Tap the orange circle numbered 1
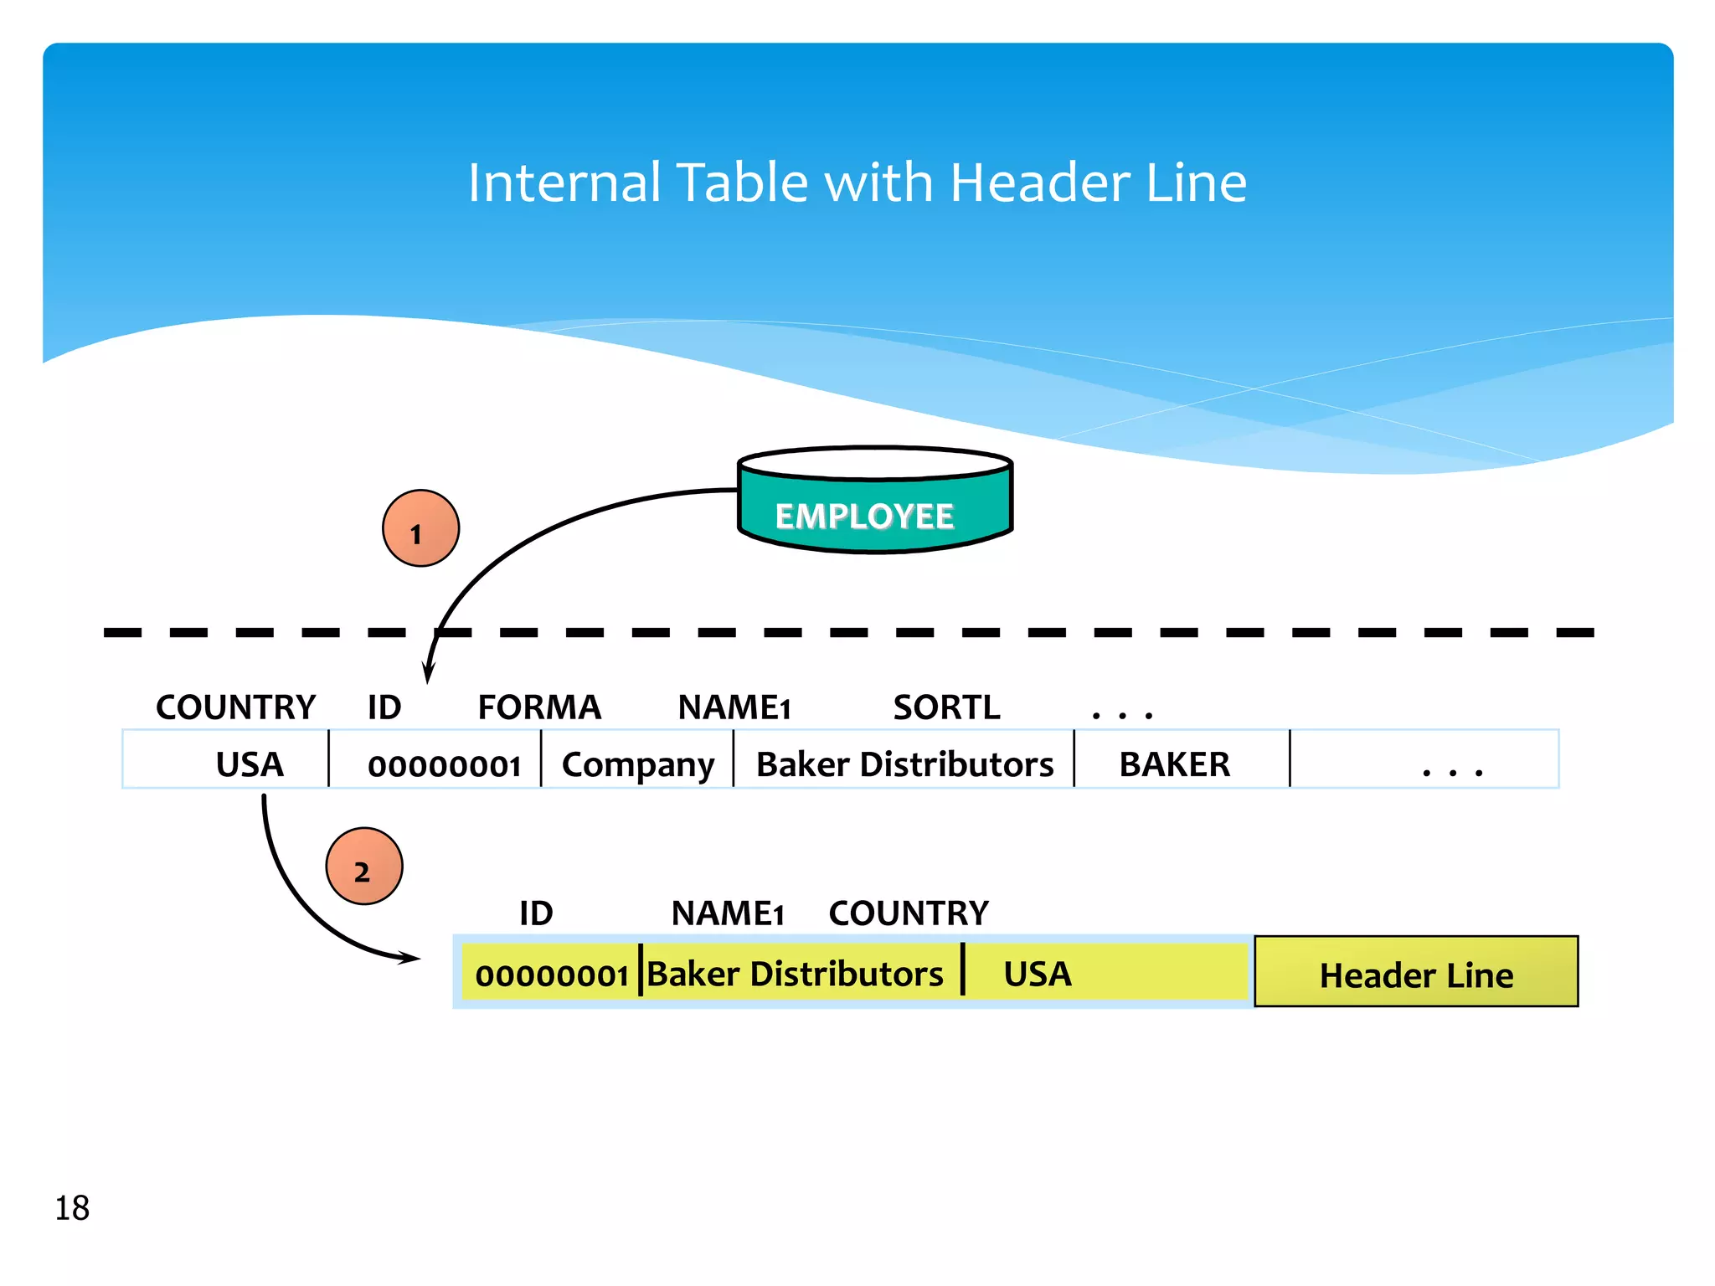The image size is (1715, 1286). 420,528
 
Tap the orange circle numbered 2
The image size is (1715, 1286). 364,867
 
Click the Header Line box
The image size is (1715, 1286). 1416,972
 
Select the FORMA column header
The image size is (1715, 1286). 539,707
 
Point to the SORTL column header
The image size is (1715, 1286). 946,707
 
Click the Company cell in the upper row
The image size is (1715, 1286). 638,764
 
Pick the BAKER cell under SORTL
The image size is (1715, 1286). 1174,764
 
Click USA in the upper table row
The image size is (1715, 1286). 250,764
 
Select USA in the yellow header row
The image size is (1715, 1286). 1037,974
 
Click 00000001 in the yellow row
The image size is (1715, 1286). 551,975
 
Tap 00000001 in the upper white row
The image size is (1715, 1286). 444,764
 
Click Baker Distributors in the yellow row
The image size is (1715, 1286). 795,974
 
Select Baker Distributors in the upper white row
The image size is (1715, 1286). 904,764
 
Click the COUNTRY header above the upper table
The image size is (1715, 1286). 235,707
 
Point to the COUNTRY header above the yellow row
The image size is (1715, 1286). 909,913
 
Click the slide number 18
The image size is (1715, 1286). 72,1207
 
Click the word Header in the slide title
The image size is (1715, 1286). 1039,183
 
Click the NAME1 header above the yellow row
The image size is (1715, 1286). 727,913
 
